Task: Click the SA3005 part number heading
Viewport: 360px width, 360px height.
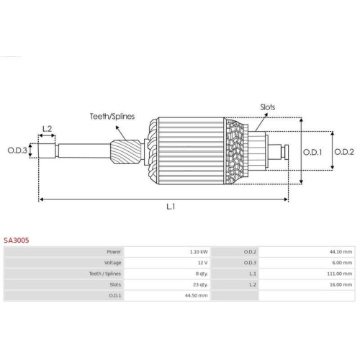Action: (17, 240)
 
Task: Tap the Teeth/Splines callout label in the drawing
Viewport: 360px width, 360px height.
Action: (112, 117)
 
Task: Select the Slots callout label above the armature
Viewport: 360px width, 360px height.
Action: (268, 107)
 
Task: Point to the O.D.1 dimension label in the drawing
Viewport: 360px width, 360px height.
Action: (312, 152)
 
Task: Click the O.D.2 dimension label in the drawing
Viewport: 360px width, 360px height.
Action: (344, 152)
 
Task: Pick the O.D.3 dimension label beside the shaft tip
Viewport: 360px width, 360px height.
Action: (17, 150)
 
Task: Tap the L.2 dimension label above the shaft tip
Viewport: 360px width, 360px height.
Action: (47, 129)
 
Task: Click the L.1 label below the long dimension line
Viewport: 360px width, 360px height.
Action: (171, 207)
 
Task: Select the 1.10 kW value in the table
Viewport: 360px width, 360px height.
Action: (199, 252)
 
